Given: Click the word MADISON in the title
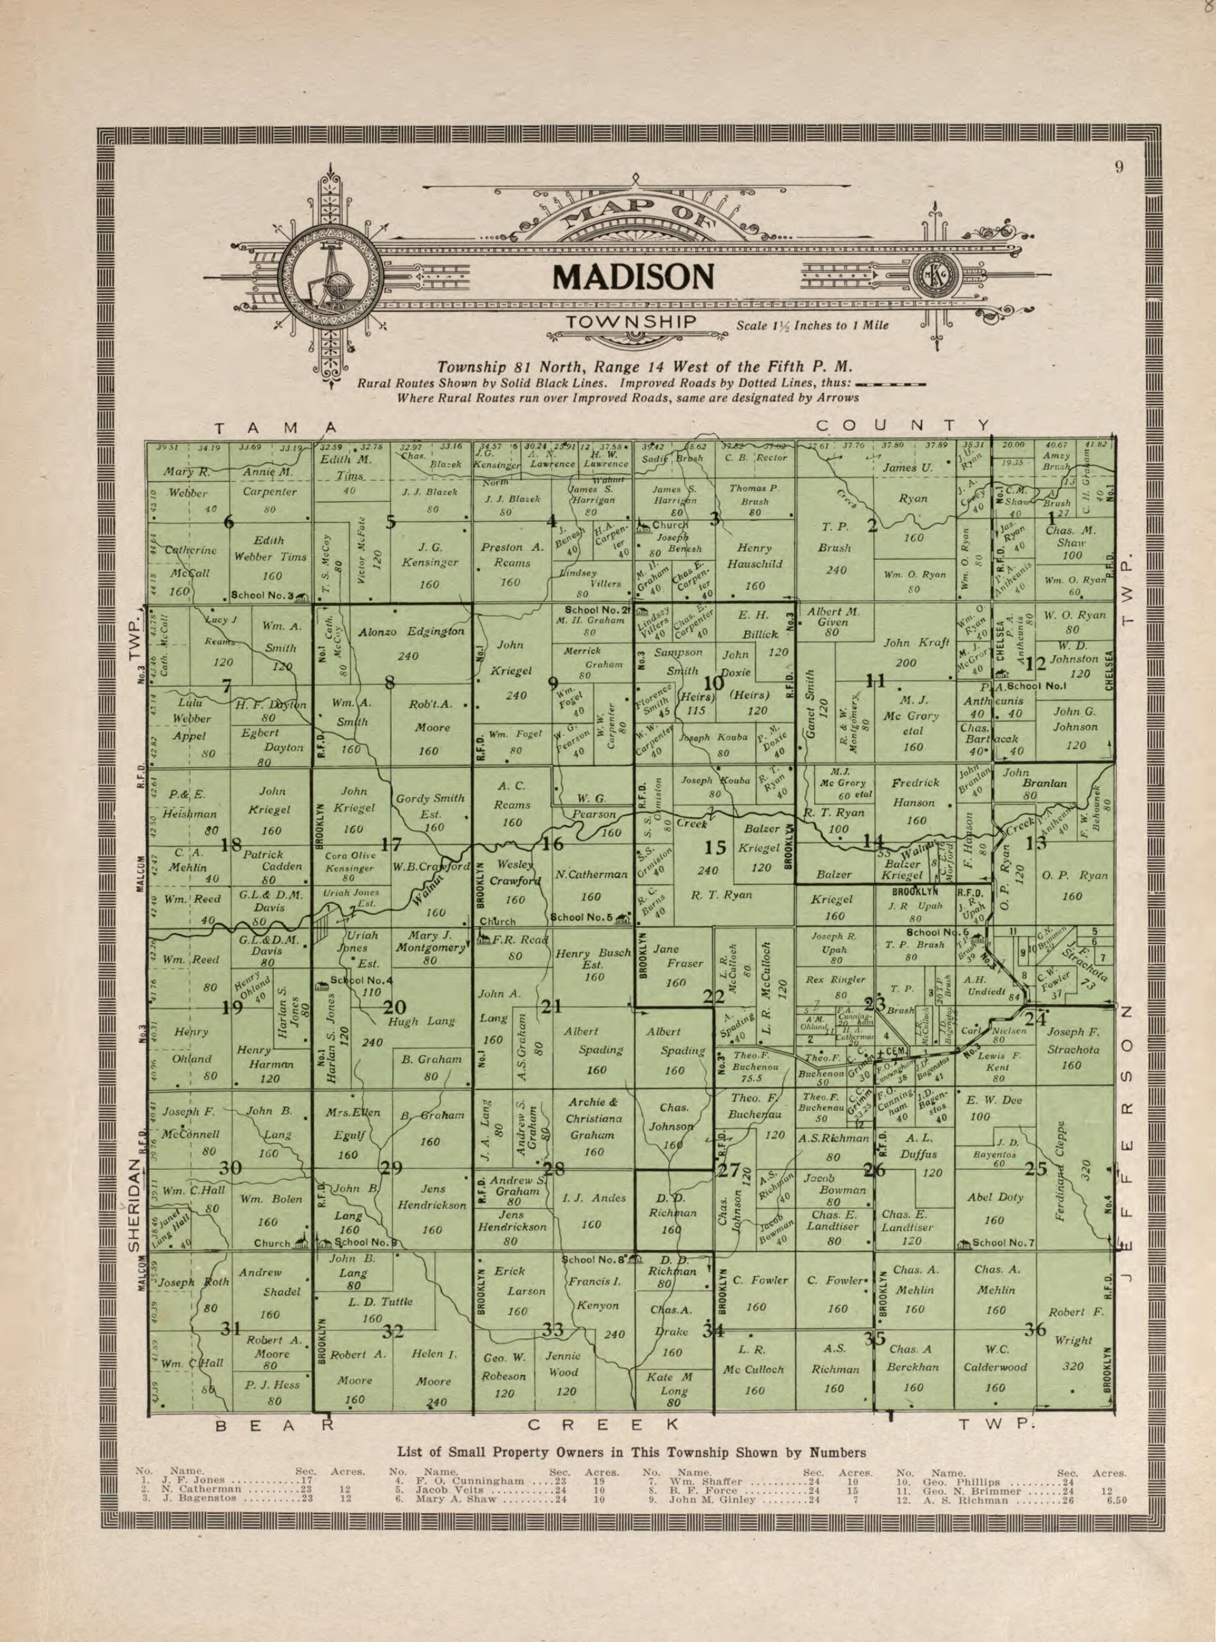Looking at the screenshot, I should [x=633, y=277].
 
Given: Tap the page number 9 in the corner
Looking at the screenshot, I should [x=1119, y=167].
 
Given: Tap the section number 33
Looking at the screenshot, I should [x=553, y=1330].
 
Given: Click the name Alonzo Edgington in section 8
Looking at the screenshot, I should [x=411, y=631].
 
